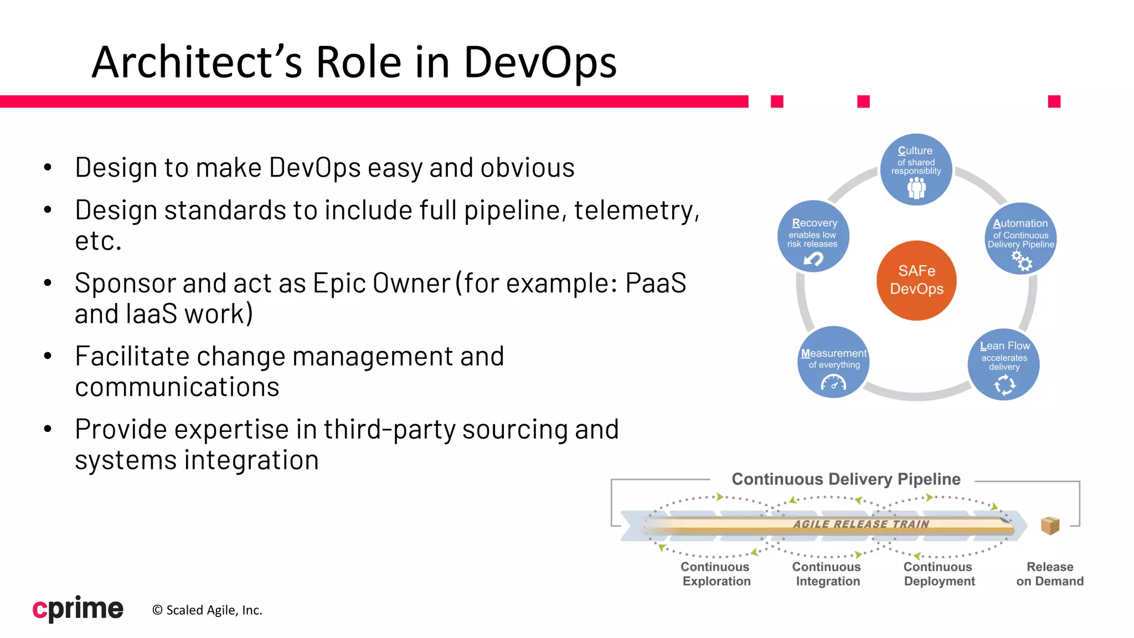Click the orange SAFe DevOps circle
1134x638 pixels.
click(916, 280)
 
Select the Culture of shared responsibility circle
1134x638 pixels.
click(916, 169)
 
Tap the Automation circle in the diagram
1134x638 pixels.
click(1020, 239)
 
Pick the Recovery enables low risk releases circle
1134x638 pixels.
click(813, 236)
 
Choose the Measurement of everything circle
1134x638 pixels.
click(833, 362)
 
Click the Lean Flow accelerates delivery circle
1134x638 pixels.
click(1003, 364)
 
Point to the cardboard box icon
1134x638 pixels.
click(1050, 525)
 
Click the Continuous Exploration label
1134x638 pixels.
click(715, 574)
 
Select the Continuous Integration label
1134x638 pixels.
click(827, 574)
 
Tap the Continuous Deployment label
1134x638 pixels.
click(939, 574)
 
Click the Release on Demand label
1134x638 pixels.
click(1050, 574)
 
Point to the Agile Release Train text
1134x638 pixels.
click(861, 524)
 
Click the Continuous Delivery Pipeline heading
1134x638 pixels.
click(846, 479)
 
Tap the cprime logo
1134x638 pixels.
click(78, 609)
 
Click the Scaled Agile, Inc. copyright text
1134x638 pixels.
click(207, 610)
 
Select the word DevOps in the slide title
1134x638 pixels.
click(540, 62)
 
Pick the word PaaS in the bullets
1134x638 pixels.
click(656, 283)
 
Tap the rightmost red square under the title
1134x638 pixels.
click(1054, 101)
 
